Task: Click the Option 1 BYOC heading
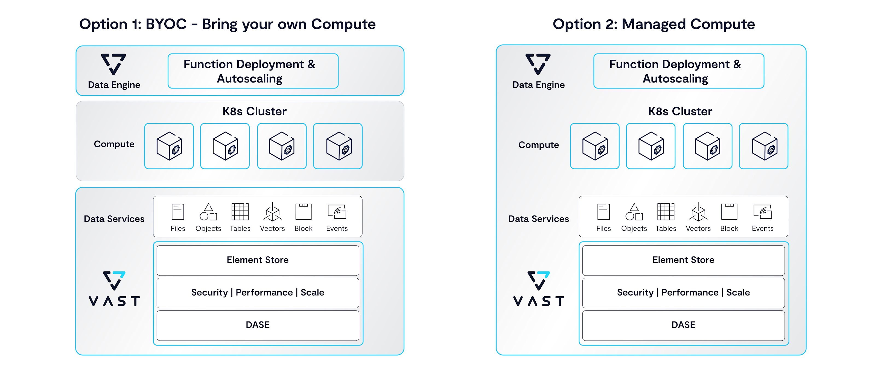[x=227, y=24]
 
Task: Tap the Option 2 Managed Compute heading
[x=654, y=24]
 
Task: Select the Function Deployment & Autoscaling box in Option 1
[x=253, y=71]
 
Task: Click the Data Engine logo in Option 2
[x=538, y=64]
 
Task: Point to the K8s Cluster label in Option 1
[x=254, y=111]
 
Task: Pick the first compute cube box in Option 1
[x=169, y=146]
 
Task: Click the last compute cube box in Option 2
[x=763, y=146]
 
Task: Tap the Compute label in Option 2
[x=538, y=145]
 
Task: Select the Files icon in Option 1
[x=178, y=212]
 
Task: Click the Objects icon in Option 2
[x=634, y=212]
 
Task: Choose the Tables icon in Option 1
[x=240, y=212]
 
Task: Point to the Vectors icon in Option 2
[x=698, y=212]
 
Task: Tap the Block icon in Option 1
[x=303, y=212]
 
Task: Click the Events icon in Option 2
[x=763, y=212]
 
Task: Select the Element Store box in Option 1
[x=258, y=260]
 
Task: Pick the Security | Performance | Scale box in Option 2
[x=683, y=293]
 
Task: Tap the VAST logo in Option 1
[x=114, y=288]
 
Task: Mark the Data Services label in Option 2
[x=538, y=219]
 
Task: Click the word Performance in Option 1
[x=264, y=293]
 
